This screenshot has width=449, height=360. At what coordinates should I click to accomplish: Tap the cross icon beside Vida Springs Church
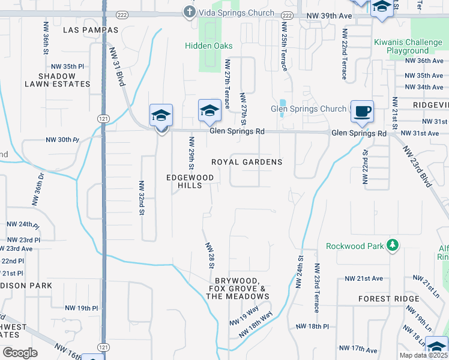coord(189,11)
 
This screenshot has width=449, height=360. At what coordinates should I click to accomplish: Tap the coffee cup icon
coord(362,111)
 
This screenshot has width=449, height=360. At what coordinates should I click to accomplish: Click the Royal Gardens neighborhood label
coord(247,162)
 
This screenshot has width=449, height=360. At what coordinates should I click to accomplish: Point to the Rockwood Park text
coord(354,246)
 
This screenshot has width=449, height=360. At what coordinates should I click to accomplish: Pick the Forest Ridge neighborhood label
coord(384,298)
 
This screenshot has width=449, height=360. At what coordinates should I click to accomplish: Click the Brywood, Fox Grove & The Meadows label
coord(238,289)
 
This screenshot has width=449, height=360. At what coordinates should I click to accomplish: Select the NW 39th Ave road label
coord(328,16)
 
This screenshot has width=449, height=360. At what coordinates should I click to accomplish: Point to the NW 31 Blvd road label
coord(118,68)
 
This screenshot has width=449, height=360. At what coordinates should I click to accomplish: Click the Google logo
coord(20,352)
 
